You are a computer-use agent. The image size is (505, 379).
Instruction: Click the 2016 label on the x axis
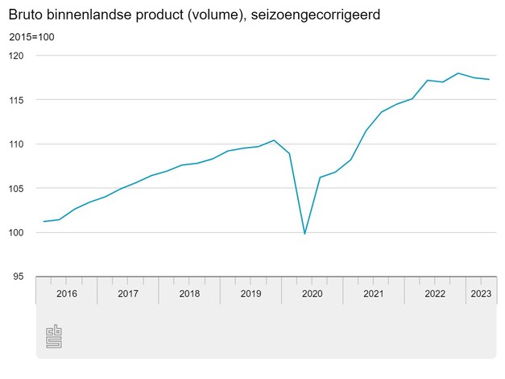click(66, 294)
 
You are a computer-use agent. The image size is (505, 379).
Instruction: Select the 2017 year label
click(127, 294)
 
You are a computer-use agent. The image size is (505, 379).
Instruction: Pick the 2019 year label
click(250, 294)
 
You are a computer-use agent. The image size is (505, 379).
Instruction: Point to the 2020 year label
click(312, 294)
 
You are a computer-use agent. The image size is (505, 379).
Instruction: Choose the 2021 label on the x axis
click(373, 294)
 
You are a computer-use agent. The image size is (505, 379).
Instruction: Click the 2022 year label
click(435, 294)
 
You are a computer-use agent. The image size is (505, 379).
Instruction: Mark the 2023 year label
click(481, 294)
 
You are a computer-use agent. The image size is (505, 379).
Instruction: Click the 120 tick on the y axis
click(18, 56)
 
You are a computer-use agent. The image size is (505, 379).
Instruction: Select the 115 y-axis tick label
click(18, 100)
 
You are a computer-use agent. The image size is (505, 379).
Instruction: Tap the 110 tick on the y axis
click(18, 144)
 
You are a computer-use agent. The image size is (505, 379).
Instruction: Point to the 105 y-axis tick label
click(18, 189)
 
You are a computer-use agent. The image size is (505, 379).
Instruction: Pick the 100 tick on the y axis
click(18, 233)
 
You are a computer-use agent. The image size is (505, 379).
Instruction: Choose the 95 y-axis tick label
click(20, 277)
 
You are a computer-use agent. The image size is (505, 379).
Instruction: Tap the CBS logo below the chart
click(54, 336)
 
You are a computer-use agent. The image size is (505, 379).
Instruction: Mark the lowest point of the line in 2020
click(304, 234)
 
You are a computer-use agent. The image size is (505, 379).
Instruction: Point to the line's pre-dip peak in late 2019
click(274, 140)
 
